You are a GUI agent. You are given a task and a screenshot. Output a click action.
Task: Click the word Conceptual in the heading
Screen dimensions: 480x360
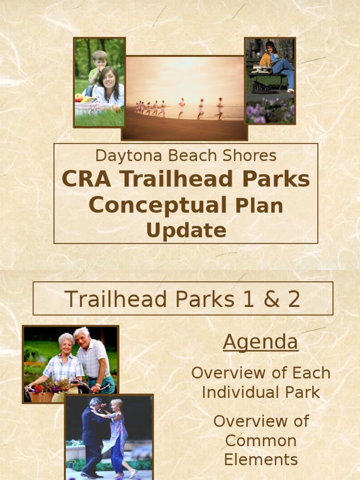point(157,205)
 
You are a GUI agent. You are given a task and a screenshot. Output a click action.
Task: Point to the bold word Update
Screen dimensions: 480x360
point(186,230)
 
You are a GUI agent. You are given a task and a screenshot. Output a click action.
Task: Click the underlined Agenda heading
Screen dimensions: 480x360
point(260,342)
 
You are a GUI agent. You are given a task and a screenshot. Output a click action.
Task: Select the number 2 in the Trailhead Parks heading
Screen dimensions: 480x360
point(293,299)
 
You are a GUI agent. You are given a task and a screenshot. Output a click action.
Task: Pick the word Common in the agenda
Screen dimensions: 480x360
point(261,441)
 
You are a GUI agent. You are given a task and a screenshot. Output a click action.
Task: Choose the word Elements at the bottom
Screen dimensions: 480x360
point(261,459)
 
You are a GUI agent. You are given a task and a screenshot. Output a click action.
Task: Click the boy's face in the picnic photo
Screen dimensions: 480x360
point(100,60)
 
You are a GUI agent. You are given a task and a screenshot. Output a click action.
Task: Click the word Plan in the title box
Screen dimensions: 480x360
point(259,206)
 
